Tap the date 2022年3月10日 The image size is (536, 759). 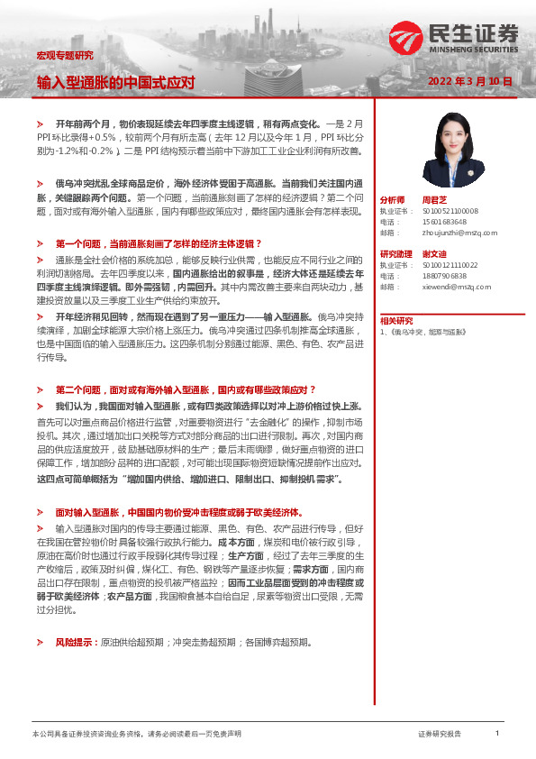[470, 81]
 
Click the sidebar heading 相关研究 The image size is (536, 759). [395, 320]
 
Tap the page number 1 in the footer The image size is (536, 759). [496, 734]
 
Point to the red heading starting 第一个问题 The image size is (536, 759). [158, 243]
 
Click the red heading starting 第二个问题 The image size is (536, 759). [185, 389]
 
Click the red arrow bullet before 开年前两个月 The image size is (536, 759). [39, 122]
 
